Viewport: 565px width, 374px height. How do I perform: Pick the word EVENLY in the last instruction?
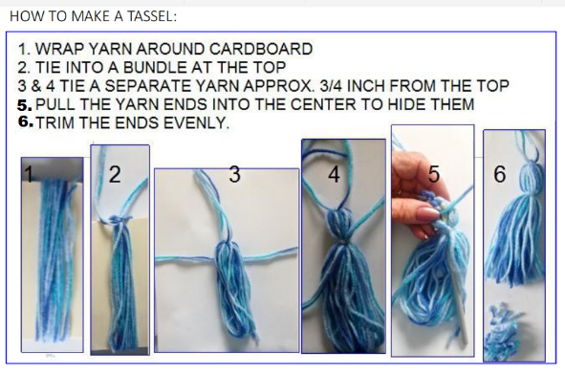196,123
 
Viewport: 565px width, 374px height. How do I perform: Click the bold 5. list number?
25,105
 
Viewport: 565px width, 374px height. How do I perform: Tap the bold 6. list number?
25,121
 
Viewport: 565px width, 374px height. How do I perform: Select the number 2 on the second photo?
115,174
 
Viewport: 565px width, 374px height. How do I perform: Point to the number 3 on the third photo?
234,174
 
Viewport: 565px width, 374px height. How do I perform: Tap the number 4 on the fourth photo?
334,174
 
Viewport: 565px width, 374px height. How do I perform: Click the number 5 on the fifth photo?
434,174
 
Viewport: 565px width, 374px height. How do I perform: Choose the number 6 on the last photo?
499,174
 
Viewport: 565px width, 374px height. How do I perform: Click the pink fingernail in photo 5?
427,213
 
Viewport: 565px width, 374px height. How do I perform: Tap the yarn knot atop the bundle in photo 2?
118,220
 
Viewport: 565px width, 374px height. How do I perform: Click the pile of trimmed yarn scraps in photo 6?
503,331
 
